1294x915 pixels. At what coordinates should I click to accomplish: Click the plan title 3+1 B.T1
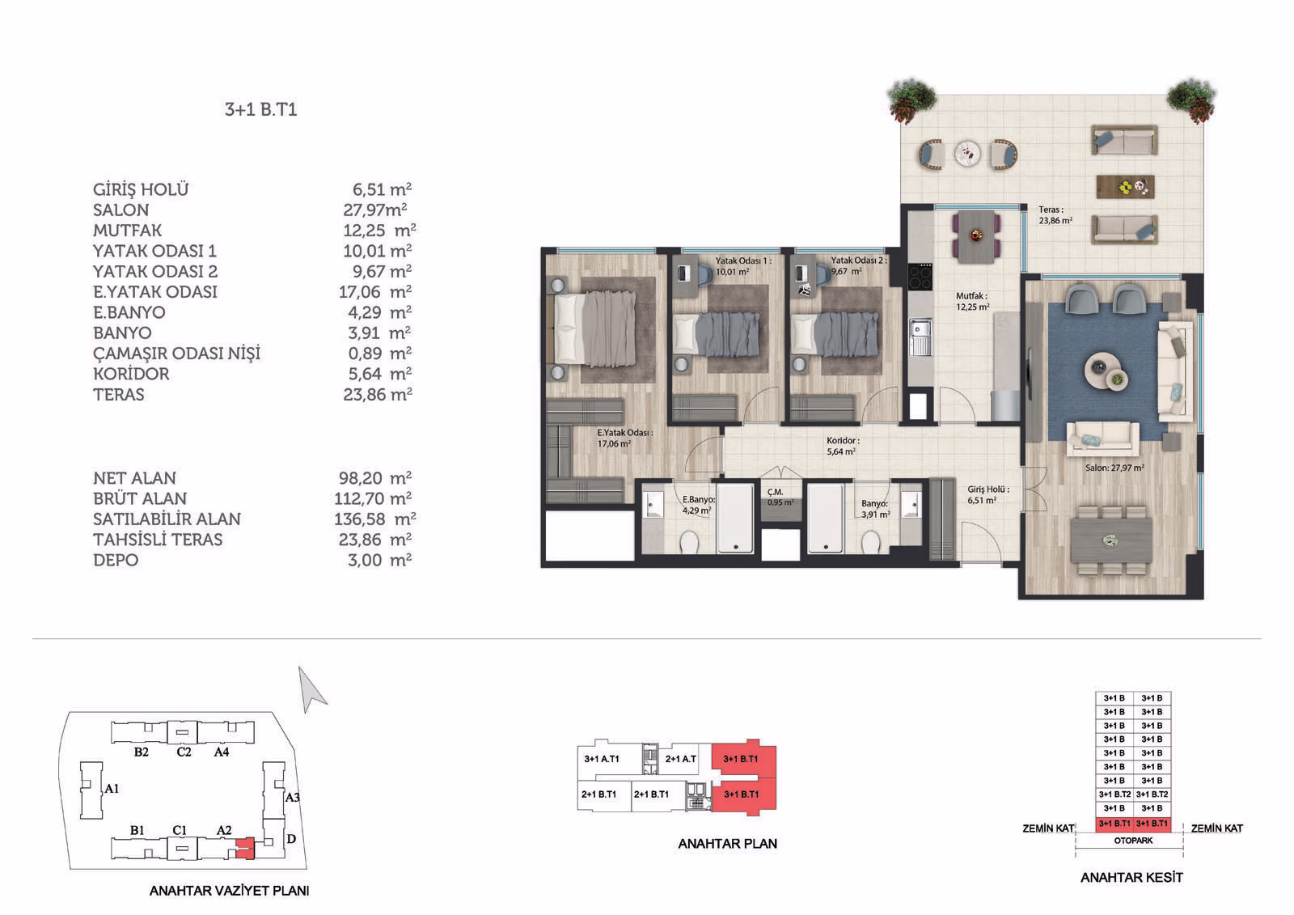pyautogui.click(x=260, y=110)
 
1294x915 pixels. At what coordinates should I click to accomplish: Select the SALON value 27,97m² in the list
pyautogui.click(x=375, y=210)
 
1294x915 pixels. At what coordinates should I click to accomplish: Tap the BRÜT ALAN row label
pyautogui.click(x=140, y=498)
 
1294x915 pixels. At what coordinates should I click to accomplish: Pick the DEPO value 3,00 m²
pyautogui.click(x=379, y=560)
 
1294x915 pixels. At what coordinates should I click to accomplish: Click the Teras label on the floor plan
pyautogui.click(x=1055, y=215)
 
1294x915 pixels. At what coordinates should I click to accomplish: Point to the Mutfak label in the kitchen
pyautogui.click(x=973, y=301)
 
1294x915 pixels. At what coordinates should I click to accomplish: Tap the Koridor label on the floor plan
pyautogui.click(x=843, y=447)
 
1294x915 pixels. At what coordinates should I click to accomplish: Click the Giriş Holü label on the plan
pyautogui.click(x=988, y=495)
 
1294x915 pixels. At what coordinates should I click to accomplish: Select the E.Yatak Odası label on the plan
pyautogui.click(x=625, y=438)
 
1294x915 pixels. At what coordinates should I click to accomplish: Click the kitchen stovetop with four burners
pyautogui.click(x=920, y=277)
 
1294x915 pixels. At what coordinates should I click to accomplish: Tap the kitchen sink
pyautogui.click(x=920, y=337)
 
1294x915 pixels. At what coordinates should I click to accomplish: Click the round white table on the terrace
pyautogui.click(x=967, y=155)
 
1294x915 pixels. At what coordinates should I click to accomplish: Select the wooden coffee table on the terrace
pyautogui.click(x=1125, y=187)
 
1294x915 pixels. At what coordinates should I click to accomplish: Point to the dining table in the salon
pyautogui.click(x=1111, y=541)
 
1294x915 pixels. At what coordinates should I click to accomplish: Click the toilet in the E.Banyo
pyautogui.click(x=688, y=543)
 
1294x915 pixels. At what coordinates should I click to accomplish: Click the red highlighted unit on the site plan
pyautogui.click(x=246, y=848)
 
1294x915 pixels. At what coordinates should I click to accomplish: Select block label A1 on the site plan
pyautogui.click(x=112, y=789)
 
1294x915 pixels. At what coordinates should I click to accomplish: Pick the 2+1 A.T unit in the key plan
pyautogui.click(x=680, y=759)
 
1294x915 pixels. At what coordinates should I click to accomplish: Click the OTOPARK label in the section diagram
pyautogui.click(x=1133, y=841)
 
